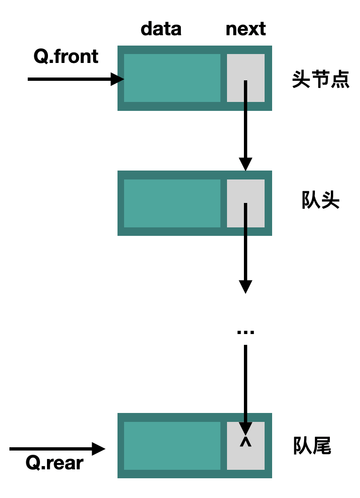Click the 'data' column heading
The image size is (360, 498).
(x=161, y=29)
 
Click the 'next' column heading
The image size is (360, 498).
(x=245, y=29)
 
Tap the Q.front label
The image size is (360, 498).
(x=66, y=56)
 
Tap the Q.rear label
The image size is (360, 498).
(x=55, y=463)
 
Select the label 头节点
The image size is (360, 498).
(x=321, y=79)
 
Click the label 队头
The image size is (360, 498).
(x=321, y=202)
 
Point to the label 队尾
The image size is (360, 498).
(x=313, y=446)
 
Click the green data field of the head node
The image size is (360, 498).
(x=172, y=78)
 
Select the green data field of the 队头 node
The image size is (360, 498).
(x=172, y=203)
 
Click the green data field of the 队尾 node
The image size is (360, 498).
(x=172, y=445)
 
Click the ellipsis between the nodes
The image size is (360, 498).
(x=245, y=332)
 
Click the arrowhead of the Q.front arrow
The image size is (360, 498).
(x=117, y=79)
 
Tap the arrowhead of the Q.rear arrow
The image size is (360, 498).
(x=98, y=449)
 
